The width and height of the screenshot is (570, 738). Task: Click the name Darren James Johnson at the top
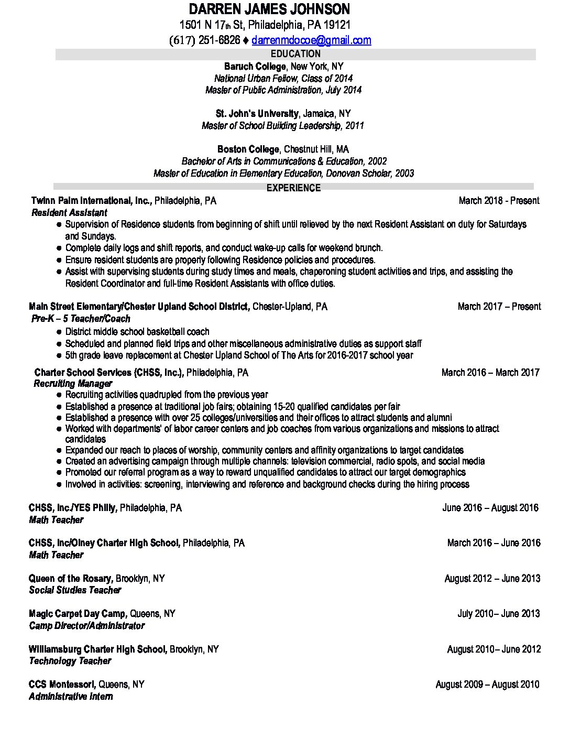269,9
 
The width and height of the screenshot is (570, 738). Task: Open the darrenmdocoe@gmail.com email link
311,40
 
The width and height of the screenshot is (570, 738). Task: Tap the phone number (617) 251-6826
205,40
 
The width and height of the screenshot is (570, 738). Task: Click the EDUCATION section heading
295,53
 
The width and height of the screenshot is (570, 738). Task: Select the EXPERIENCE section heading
293,188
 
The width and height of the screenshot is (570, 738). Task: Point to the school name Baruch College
255,67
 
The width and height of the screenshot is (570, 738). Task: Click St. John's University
257,114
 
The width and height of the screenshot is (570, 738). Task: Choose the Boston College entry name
248,149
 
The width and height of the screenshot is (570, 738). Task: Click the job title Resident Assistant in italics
69,212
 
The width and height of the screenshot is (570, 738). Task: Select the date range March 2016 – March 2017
490,373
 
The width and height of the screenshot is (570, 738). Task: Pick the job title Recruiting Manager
65,384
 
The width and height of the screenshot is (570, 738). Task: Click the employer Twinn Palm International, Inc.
91,201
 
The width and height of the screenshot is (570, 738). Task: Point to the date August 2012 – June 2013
492,579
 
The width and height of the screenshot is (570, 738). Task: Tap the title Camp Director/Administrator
86,626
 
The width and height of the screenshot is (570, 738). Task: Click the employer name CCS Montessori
62,685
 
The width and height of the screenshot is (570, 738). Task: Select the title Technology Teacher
70,661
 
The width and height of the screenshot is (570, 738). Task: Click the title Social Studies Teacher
75,590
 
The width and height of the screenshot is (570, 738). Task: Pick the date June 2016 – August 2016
490,508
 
